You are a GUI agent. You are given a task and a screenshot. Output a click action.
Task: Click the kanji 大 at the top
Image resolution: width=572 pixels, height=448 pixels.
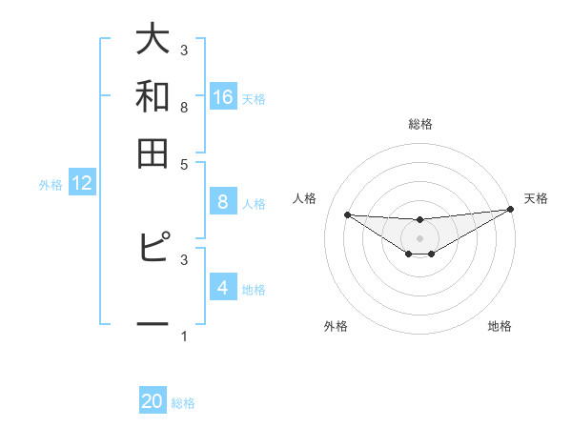(153, 40)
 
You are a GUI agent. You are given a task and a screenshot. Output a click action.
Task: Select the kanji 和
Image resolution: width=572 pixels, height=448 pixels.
(153, 96)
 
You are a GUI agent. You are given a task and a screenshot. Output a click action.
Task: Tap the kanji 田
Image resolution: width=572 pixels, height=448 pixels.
(153, 153)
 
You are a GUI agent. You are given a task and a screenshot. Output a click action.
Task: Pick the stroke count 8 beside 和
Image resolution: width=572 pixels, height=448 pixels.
(184, 107)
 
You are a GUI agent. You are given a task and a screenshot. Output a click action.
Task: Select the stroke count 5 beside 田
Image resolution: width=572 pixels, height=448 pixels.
(184, 163)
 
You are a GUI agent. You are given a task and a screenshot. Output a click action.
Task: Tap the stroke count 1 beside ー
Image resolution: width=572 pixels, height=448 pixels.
(184, 336)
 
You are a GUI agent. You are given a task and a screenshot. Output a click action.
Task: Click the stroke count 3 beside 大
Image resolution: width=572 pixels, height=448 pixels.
(184, 51)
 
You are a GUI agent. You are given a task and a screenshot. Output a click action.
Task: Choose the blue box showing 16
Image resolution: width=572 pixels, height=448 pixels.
(222, 97)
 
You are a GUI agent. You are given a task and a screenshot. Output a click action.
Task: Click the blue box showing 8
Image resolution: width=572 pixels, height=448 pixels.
(222, 202)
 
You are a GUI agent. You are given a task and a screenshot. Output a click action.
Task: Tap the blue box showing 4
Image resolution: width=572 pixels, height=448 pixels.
(222, 288)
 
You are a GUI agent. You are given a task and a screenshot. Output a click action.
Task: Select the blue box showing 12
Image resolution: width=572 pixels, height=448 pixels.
(82, 184)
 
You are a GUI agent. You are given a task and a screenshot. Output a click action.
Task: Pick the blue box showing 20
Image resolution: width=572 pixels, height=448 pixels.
(153, 402)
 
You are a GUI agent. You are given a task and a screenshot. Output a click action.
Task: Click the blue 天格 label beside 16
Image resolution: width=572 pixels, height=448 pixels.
(254, 98)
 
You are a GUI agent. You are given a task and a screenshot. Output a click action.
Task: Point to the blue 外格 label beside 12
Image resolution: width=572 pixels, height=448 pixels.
(50, 185)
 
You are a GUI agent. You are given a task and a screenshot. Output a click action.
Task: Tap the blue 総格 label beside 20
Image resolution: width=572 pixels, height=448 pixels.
(183, 403)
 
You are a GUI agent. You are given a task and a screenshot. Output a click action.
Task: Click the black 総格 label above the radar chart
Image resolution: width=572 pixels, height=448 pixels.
(419, 124)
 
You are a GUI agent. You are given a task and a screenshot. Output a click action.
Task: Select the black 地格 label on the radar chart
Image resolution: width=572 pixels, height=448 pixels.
(500, 326)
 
